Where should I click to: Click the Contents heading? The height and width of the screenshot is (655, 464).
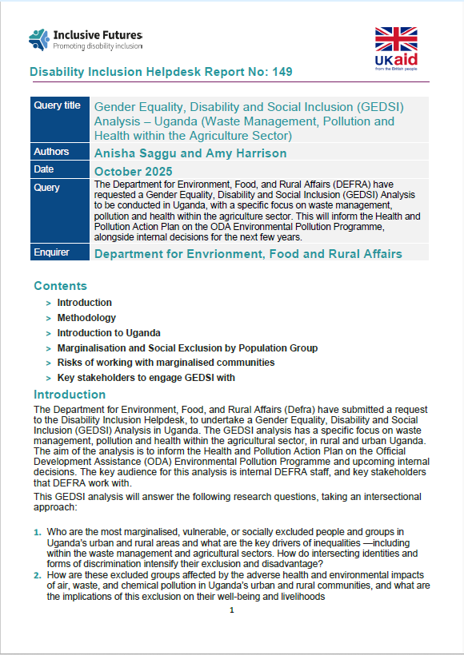point(60,286)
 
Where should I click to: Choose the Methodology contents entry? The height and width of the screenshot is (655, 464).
point(86,318)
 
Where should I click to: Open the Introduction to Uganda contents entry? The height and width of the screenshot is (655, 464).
point(109,333)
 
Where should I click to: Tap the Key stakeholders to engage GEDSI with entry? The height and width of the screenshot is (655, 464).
point(146,378)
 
